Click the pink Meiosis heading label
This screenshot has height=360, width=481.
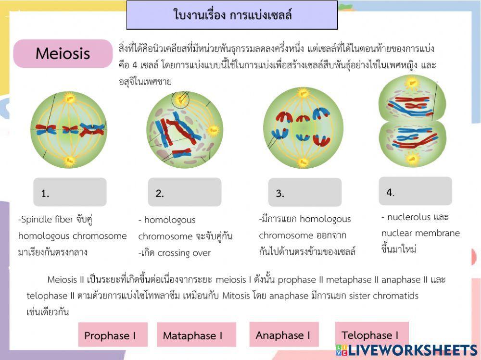pos(63,53)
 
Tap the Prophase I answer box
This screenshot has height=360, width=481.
pos(113,335)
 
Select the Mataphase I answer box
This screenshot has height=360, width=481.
pos(196,335)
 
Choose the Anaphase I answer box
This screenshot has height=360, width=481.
pos(283,335)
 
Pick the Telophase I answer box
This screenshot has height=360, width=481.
pos(371,335)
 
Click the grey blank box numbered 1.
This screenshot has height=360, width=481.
pos(70,192)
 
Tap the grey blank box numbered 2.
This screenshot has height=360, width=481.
pos(184,192)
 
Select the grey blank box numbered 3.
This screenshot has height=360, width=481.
pos(304,192)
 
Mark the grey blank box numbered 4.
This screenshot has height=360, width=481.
pos(415,191)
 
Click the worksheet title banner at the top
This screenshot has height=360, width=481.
pos(232,15)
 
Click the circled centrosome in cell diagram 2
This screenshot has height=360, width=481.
pos(180,100)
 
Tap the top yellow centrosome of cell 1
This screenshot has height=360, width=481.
pos(70,99)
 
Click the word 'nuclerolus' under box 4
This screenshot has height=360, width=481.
pos(409,217)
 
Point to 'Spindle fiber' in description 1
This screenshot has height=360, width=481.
pos(46,220)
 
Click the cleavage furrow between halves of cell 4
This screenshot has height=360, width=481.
pos(412,120)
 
